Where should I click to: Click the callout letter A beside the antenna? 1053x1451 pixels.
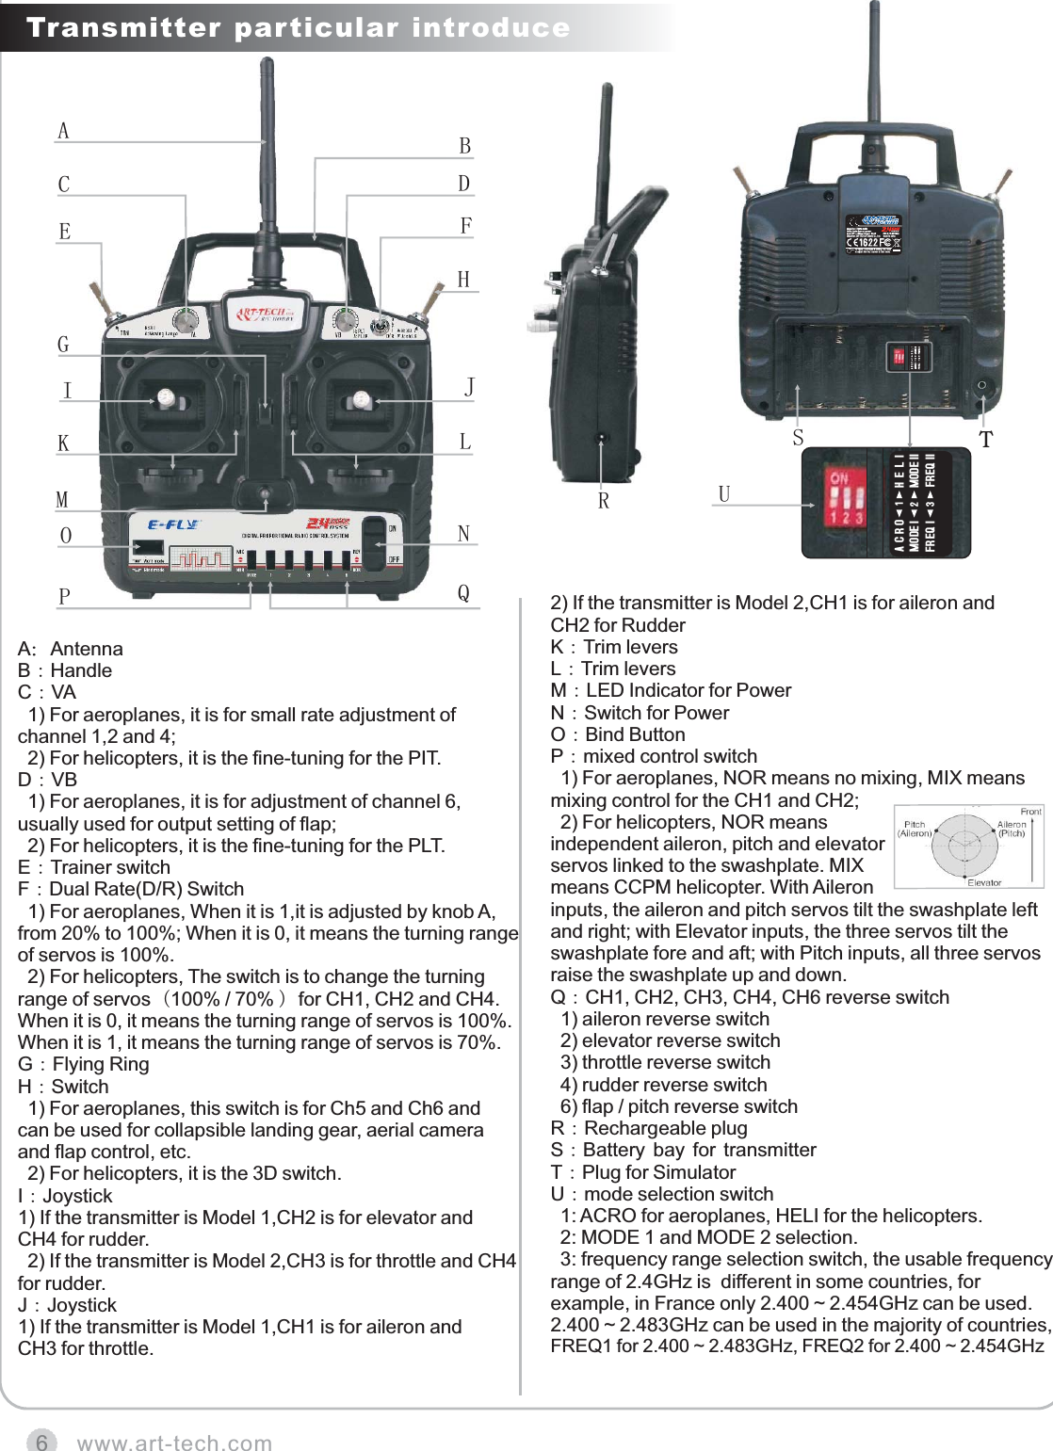(x=63, y=131)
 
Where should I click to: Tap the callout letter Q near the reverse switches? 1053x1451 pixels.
(x=463, y=592)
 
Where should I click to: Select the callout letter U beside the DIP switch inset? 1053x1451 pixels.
(x=723, y=494)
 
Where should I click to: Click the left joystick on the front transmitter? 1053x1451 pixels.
(x=167, y=399)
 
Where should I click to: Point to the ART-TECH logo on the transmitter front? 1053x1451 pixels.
(x=265, y=314)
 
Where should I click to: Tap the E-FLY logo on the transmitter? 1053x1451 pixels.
(x=173, y=524)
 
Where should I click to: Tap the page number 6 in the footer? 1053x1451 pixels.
(x=41, y=1442)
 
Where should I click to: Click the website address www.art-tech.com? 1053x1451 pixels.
(x=174, y=1443)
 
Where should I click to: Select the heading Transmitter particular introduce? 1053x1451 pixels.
(x=298, y=27)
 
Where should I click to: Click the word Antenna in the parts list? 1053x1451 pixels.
(x=87, y=649)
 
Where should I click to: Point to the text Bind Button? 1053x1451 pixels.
(x=635, y=734)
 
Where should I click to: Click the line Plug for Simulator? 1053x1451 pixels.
(x=658, y=1172)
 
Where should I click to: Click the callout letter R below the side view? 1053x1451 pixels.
(x=604, y=501)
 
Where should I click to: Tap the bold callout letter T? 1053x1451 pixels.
(x=985, y=440)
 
